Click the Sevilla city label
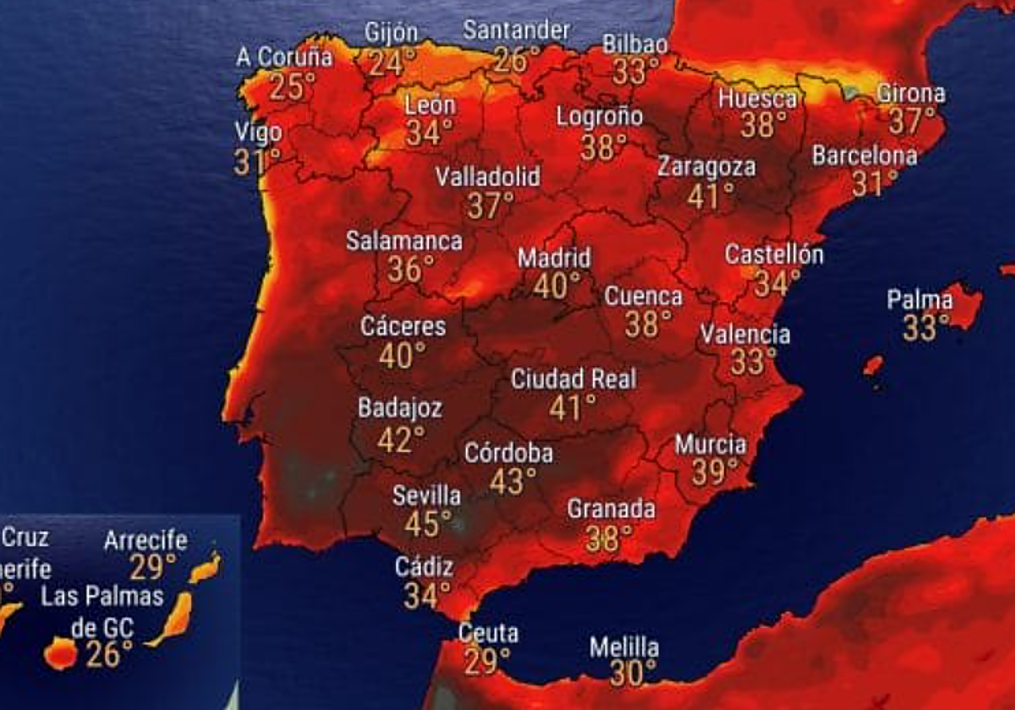click(426, 495)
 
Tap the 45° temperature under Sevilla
click(421, 524)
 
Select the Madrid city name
click(554, 258)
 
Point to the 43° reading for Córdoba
click(513, 482)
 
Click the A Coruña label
click(284, 57)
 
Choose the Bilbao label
click(634, 44)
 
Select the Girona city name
click(910, 93)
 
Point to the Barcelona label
click(864, 156)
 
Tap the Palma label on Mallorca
click(919, 300)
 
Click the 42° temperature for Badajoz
click(401, 440)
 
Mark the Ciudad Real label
click(573, 379)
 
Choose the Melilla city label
click(624, 648)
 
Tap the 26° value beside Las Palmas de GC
click(109, 653)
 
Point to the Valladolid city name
click(487, 177)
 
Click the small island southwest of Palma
click(873, 365)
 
